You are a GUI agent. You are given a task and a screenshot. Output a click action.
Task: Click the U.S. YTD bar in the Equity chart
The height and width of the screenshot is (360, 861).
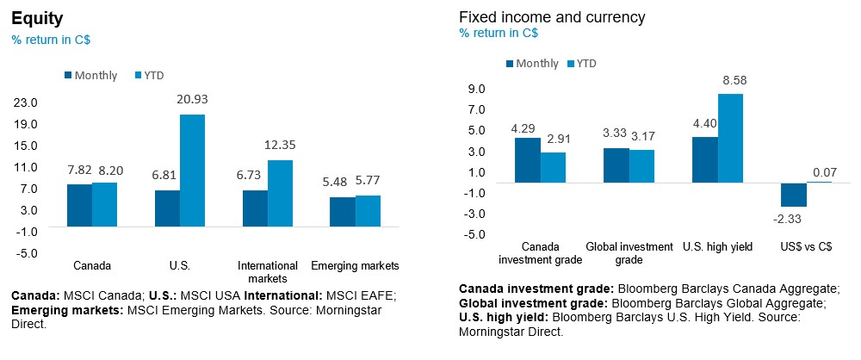[192, 171]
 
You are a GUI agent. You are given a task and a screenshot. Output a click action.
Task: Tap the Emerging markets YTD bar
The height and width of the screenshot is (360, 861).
[368, 211]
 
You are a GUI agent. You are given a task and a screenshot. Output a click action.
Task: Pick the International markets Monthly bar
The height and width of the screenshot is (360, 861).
[255, 208]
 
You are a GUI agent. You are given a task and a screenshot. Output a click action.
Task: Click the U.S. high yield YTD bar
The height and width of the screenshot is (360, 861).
[730, 138]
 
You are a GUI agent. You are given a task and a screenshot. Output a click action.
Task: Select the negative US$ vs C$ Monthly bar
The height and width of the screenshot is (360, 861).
[793, 195]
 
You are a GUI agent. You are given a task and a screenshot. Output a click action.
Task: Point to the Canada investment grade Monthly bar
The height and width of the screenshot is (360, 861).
[527, 160]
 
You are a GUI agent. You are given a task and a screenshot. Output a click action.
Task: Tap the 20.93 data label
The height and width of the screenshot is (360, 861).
[192, 99]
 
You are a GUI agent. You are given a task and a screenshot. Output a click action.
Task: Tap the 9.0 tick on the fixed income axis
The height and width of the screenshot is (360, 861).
[477, 89]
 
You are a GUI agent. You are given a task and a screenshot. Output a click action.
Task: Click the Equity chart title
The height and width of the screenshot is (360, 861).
[32, 18]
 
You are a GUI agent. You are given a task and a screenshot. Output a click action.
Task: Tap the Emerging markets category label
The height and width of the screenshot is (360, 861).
[355, 265]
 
